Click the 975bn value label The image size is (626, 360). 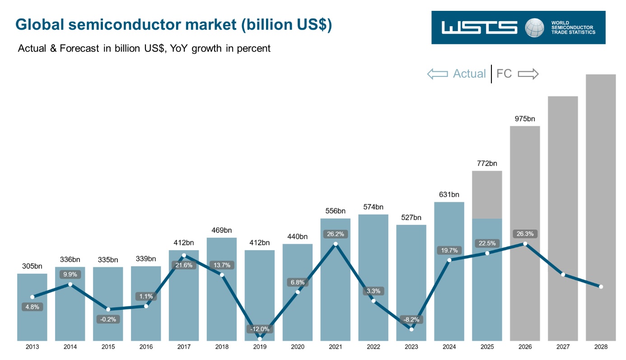(x=525, y=119)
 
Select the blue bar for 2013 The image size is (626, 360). (x=32, y=307)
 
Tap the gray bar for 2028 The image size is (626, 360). (x=601, y=207)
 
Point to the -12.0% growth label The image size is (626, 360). (x=260, y=329)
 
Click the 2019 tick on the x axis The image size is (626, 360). (x=260, y=347)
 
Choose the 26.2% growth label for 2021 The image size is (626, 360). (x=335, y=234)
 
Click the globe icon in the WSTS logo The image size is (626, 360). (x=534, y=28)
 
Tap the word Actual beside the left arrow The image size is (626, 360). (x=470, y=74)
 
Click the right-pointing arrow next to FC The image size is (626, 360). (x=528, y=74)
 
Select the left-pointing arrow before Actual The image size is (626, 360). (x=438, y=74)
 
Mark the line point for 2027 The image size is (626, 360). (x=563, y=275)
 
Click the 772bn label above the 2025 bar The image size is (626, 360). (x=487, y=164)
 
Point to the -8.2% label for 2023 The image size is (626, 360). (x=411, y=319)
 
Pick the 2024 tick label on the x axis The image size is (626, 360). (x=449, y=347)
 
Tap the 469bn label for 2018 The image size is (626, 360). (x=222, y=230)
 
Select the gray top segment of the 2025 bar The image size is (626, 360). (x=487, y=195)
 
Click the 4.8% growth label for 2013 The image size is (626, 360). (x=32, y=307)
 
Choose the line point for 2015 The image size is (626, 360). (x=108, y=309)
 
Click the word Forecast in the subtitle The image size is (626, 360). (x=79, y=48)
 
